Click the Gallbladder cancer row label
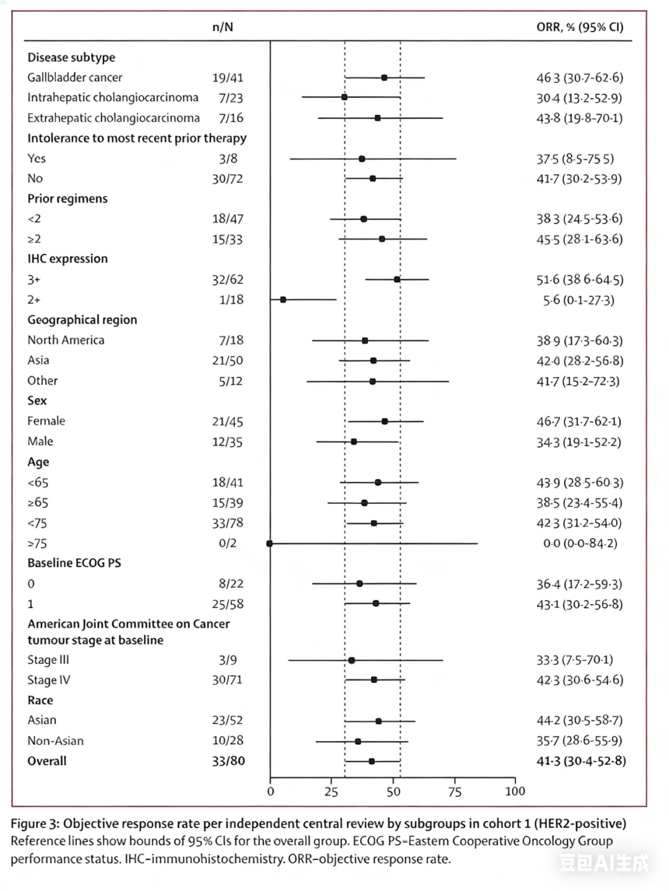click(75, 77)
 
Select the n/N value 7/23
click(230, 98)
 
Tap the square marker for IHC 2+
click(283, 300)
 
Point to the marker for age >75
click(269, 544)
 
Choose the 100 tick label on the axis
click(515, 791)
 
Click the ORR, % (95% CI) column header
click(580, 27)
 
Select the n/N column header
click(222, 27)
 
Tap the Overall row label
click(47, 761)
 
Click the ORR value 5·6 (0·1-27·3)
click(579, 300)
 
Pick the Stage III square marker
click(351, 661)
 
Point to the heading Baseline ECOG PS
click(74, 563)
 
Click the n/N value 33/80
click(228, 761)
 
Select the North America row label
click(66, 340)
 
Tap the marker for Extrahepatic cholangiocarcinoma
click(378, 118)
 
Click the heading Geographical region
click(82, 319)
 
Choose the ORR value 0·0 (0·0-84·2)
click(580, 544)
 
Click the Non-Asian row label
click(55, 741)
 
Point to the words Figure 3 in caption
click(35, 824)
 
